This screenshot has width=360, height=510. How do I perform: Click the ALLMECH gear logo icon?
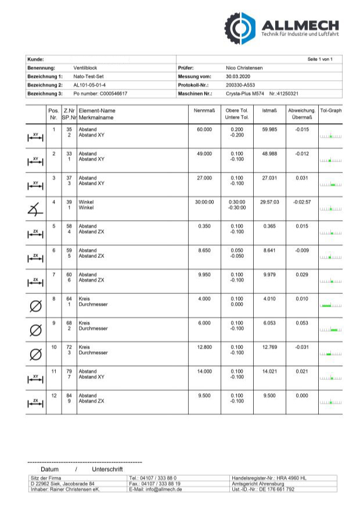(240, 27)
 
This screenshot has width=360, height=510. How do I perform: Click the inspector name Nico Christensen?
(244, 68)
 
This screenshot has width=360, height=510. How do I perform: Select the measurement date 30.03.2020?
(238, 76)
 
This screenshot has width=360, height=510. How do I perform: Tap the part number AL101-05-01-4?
(89, 85)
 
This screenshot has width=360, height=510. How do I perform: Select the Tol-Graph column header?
(330, 110)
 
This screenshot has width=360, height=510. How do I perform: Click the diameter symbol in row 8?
(35, 305)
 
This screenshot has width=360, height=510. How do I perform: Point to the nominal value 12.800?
(204, 347)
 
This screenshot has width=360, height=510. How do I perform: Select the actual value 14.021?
(270, 371)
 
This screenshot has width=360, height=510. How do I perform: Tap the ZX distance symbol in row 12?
(35, 402)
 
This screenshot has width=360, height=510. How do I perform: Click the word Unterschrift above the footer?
(107, 469)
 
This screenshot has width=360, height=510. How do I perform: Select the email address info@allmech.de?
(156, 490)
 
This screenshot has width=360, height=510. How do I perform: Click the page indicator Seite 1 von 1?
(320, 59)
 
